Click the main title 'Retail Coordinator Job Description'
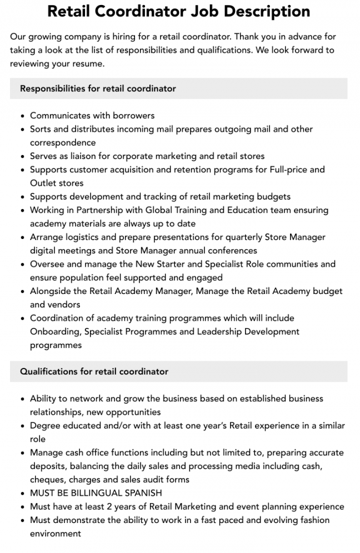179,11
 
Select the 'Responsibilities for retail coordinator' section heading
98,88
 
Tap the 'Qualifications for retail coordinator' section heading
94,371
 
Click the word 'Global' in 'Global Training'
161,210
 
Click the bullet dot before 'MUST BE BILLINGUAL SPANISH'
22,494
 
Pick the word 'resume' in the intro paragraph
89,64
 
